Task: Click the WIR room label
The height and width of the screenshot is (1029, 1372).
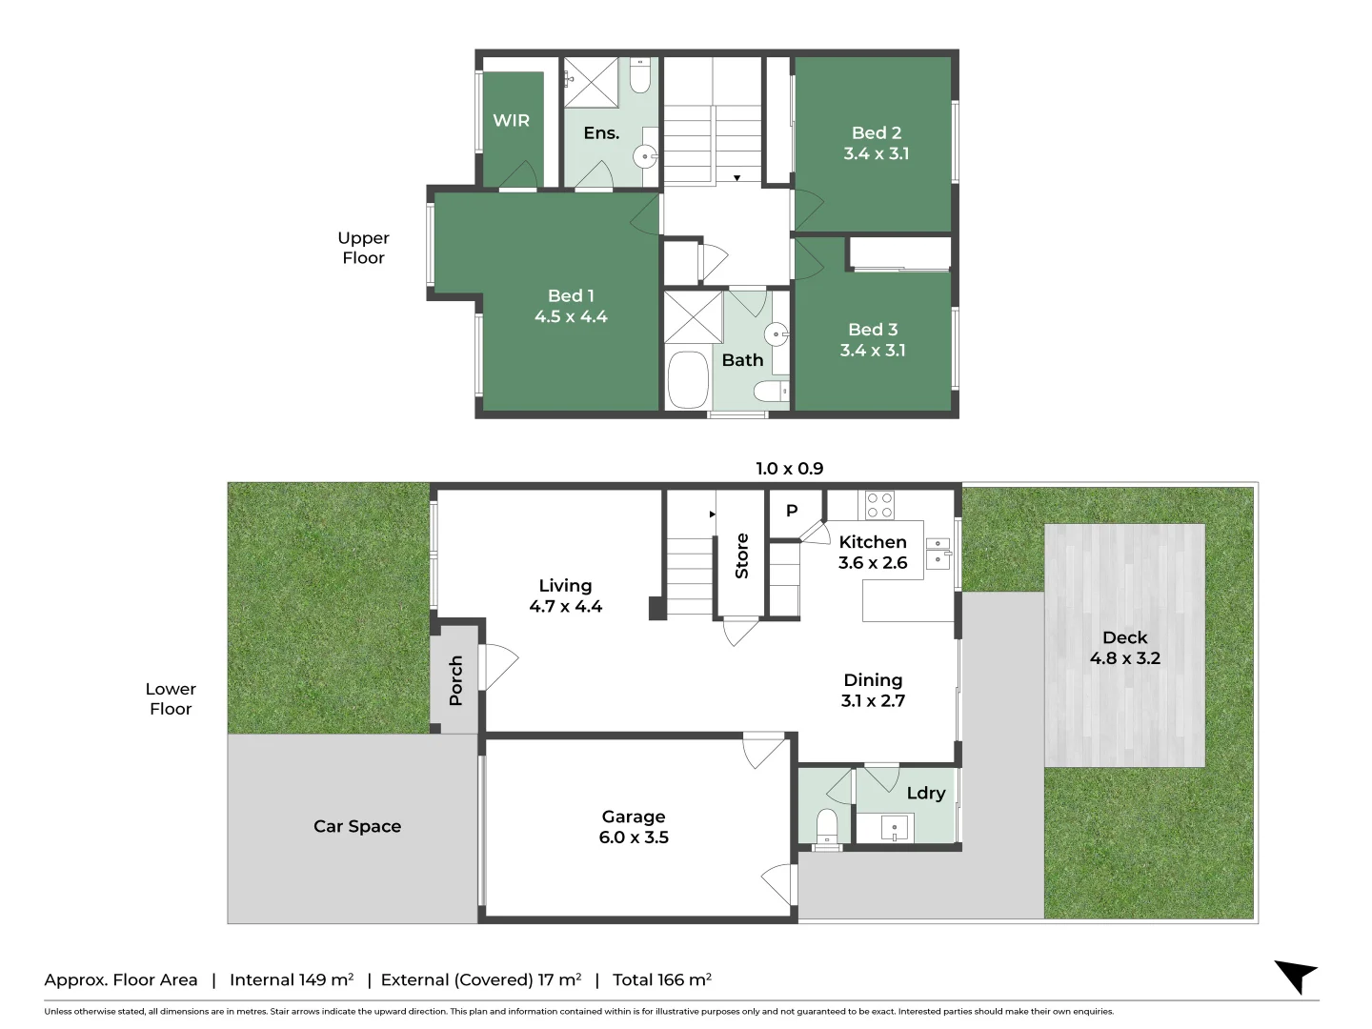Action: tap(511, 120)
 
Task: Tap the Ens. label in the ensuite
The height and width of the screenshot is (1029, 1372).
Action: tap(601, 132)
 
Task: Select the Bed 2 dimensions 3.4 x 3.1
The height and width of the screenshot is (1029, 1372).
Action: tap(876, 153)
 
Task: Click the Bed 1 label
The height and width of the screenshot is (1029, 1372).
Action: tap(571, 295)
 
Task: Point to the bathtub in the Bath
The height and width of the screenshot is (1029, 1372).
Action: tap(688, 380)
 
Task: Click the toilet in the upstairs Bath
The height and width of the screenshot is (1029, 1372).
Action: tap(771, 391)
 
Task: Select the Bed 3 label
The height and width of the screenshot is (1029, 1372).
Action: tap(873, 329)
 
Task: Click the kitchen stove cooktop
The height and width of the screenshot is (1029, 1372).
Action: tap(879, 505)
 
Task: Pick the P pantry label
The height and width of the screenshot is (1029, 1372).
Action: tap(792, 511)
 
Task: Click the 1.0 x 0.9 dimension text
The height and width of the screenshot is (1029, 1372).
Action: tap(789, 468)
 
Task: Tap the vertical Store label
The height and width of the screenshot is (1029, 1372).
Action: tap(741, 556)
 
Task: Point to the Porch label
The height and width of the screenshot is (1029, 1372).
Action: tap(455, 680)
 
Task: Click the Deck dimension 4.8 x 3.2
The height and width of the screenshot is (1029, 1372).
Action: tap(1124, 658)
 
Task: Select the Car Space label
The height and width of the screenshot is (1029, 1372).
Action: tap(357, 826)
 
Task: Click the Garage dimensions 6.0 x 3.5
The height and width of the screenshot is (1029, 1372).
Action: tap(634, 837)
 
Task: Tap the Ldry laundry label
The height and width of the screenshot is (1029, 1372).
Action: tap(925, 793)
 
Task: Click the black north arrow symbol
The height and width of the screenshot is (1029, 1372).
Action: tap(1296, 976)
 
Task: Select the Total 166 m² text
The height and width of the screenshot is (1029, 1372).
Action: tap(662, 979)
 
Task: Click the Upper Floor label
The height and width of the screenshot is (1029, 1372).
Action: tap(363, 248)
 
